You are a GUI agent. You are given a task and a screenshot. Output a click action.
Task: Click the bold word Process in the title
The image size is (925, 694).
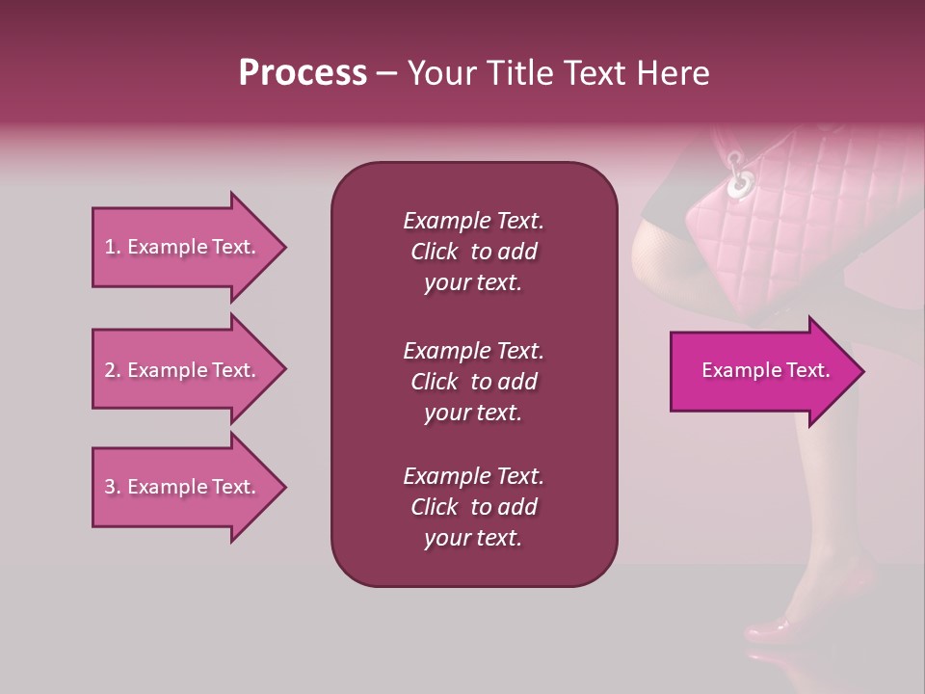pyautogui.click(x=303, y=73)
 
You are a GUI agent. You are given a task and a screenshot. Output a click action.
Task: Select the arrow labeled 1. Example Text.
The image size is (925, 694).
pyautogui.click(x=183, y=247)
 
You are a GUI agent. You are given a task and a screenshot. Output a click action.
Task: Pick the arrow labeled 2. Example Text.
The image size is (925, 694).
pyautogui.click(x=183, y=370)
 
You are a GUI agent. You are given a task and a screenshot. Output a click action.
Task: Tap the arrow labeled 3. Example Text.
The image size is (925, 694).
pyautogui.click(x=183, y=487)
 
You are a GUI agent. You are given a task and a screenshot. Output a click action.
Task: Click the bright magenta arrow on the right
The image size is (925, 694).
pyautogui.click(x=761, y=371)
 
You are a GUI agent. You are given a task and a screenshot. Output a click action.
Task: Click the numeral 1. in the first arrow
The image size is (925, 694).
pyautogui.click(x=112, y=247)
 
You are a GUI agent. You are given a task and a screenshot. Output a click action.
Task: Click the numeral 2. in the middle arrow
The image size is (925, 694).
pyautogui.click(x=112, y=370)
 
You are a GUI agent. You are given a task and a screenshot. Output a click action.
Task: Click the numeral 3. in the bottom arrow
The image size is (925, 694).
pyautogui.click(x=112, y=487)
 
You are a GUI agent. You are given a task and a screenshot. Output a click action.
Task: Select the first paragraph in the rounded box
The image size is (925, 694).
pyautogui.click(x=473, y=252)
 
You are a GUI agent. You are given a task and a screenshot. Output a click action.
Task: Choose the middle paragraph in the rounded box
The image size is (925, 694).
pyautogui.click(x=473, y=381)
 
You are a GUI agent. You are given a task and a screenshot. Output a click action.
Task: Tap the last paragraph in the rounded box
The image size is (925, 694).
pyautogui.click(x=473, y=507)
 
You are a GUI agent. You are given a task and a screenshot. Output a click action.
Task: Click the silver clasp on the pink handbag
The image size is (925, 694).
pyautogui.click(x=740, y=178)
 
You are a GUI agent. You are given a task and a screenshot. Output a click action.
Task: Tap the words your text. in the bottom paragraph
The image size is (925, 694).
pyautogui.click(x=473, y=539)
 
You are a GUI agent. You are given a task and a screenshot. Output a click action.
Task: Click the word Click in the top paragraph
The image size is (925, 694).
pyautogui.click(x=434, y=252)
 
